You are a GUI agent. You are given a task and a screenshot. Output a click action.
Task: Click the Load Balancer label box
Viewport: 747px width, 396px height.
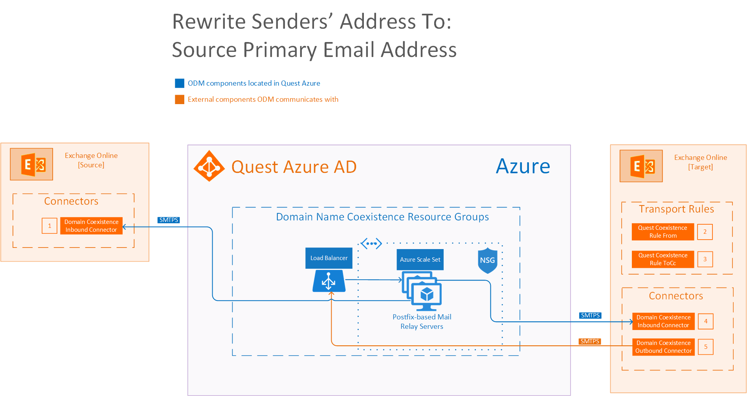tap(329, 258)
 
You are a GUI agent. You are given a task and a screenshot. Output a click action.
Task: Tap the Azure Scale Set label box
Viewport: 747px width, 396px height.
tap(420, 260)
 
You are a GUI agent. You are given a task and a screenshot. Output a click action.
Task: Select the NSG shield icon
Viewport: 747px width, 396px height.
tap(488, 260)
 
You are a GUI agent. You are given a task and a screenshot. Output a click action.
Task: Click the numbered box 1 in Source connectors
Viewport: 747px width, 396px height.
tap(50, 226)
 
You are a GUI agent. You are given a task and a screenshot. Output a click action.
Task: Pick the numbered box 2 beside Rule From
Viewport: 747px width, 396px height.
tap(705, 232)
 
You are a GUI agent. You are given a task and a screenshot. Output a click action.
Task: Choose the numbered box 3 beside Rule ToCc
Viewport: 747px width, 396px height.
tap(705, 259)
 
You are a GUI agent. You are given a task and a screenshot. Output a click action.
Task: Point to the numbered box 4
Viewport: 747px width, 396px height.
tap(706, 321)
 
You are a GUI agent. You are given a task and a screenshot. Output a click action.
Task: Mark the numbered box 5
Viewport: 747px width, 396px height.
tap(706, 347)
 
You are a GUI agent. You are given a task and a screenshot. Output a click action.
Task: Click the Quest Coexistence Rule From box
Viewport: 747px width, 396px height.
tap(663, 232)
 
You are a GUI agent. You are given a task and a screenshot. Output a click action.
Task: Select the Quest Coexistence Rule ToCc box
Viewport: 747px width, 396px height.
tap(663, 259)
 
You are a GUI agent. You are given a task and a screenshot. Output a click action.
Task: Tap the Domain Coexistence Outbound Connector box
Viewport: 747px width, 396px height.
tap(663, 347)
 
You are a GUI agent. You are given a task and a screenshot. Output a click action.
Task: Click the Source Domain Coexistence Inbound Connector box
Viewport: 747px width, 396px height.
tap(91, 226)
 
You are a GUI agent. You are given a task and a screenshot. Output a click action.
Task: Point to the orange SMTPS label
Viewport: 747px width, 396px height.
tap(590, 341)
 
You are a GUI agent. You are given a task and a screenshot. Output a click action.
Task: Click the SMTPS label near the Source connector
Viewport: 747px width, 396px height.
tap(169, 220)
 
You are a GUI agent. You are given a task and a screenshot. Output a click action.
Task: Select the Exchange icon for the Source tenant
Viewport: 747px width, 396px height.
tap(31, 164)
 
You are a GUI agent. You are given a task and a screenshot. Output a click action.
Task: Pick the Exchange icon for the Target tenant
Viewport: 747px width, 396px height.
tap(641, 166)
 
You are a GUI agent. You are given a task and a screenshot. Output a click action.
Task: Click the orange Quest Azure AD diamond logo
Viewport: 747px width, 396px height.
tap(209, 166)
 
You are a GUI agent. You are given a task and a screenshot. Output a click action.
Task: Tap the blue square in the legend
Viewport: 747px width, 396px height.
tap(180, 83)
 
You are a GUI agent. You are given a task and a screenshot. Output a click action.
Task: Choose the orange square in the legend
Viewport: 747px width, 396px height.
tap(180, 99)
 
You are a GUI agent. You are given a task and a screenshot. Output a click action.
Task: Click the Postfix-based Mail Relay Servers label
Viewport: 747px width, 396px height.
tap(422, 322)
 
